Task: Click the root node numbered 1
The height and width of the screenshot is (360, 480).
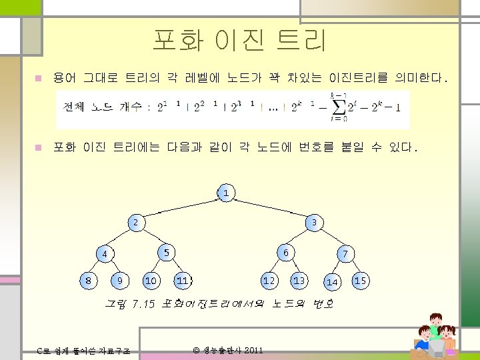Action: point(226,193)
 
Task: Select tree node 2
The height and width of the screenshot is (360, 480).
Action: point(135,222)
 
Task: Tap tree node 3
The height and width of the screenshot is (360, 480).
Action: point(314,222)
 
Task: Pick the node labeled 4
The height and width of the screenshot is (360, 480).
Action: point(105,254)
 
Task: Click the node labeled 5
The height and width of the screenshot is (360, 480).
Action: point(166,251)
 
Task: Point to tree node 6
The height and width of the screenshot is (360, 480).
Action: point(285,252)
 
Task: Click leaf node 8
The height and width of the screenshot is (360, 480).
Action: point(88,281)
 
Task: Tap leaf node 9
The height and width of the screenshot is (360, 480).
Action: point(119,281)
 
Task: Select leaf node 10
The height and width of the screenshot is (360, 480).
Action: point(151,281)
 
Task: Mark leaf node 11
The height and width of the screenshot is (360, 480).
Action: point(182,281)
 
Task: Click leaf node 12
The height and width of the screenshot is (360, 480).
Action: point(269,281)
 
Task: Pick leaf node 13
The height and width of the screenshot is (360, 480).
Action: point(299,281)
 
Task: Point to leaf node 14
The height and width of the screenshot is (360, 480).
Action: point(332,282)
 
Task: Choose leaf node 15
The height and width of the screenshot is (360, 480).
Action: point(361,281)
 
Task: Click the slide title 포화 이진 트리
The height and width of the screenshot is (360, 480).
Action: point(239,41)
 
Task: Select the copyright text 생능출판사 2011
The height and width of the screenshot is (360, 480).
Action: point(228,350)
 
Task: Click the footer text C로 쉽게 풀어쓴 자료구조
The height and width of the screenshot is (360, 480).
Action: point(83,351)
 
